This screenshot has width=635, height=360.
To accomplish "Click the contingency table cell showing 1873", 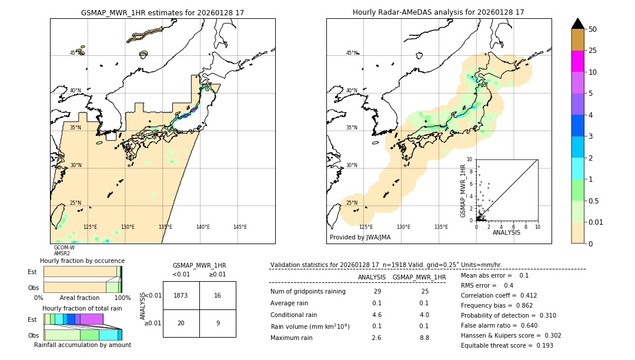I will point(181,295).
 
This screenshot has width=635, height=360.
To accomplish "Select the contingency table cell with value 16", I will point(218,295).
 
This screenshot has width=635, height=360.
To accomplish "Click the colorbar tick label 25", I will point(593,51).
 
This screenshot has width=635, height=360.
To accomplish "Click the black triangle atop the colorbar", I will point(578,24).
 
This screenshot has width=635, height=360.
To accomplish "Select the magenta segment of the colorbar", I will point(578,61).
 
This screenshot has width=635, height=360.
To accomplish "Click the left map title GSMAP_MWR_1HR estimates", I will point(162,12).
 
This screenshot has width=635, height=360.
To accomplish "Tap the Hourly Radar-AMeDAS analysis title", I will point(439,12).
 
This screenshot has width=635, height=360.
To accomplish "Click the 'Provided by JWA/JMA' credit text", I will point(360,238).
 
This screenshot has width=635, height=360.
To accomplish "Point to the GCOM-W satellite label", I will point(64,248).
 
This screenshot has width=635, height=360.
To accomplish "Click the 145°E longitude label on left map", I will point(240,227).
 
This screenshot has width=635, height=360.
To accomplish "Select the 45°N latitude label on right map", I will point(352,53).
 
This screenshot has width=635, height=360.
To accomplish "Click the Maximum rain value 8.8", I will point(424,338).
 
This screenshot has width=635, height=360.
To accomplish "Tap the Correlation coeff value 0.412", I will point(524,295).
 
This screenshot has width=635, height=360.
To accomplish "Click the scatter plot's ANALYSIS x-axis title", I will point(506,232).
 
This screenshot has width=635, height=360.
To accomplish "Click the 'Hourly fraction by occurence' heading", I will point(82,261).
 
